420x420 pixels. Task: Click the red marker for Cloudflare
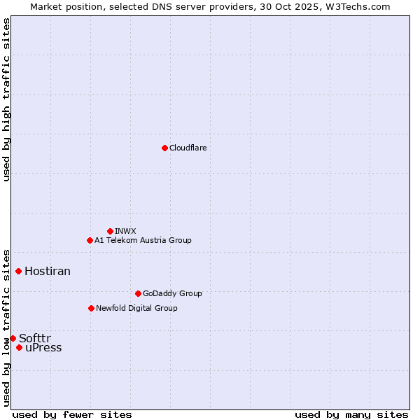pyautogui.click(x=164, y=148)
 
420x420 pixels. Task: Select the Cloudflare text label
pyautogui.click(x=188, y=148)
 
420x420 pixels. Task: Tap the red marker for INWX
pyautogui.click(x=110, y=231)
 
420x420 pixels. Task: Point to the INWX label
pyautogui.click(x=125, y=231)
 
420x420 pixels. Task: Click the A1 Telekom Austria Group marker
pyautogui.click(x=90, y=240)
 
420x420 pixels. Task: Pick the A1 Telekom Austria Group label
pyautogui.click(x=143, y=241)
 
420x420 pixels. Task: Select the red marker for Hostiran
pyautogui.click(x=18, y=271)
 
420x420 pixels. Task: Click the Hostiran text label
pyautogui.click(x=48, y=272)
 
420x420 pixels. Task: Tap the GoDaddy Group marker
pyautogui.click(x=138, y=293)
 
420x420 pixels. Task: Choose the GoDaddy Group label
pyautogui.click(x=171, y=294)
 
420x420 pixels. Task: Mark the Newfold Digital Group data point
pyautogui.click(x=91, y=308)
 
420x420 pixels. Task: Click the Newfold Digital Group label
pyautogui.click(x=136, y=309)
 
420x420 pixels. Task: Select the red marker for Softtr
pyautogui.click(x=13, y=338)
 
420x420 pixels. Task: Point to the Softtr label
pyautogui.click(x=35, y=339)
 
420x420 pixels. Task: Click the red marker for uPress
pyautogui.click(x=19, y=347)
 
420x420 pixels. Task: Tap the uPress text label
pyautogui.click(x=43, y=348)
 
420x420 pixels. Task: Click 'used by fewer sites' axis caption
pyautogui.click(x=72, y=415)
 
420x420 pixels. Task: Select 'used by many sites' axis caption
pyautogui.click(x=351, y=415)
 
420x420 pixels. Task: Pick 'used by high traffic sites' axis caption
pyautogui.click(x=7, y=99)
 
